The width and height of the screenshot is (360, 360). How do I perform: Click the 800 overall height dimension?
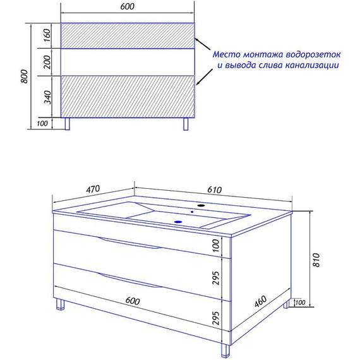click(24, 76)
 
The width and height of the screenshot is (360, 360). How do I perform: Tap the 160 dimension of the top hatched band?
click(47, 35)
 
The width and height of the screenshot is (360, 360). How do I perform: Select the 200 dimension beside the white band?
click(47, 62)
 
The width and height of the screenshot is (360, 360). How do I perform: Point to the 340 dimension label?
click(47, 97)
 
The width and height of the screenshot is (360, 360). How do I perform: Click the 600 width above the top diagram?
click(127, 6)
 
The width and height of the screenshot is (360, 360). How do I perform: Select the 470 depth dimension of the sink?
click(93, 189)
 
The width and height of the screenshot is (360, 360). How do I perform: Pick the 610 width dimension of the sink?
click(215, 190)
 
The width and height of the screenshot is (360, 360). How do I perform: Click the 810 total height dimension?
click(316, 260)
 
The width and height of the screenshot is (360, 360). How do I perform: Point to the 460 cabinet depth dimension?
click(261, 301)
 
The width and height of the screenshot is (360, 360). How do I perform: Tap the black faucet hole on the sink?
click(201, 205)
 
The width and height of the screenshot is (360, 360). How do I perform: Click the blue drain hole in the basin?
click(178, 222)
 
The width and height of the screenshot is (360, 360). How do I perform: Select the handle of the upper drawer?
click(129, 243)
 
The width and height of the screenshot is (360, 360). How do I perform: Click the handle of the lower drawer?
click(130, 280)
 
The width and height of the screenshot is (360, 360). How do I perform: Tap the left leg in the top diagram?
click(67, 124)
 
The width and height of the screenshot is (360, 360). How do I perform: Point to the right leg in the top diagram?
click(186, 124)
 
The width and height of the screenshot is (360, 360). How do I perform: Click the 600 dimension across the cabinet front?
click(133, 301)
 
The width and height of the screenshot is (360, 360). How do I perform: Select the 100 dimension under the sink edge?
click(216, 246)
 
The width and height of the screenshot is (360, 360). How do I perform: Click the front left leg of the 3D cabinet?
click(60, 304)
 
